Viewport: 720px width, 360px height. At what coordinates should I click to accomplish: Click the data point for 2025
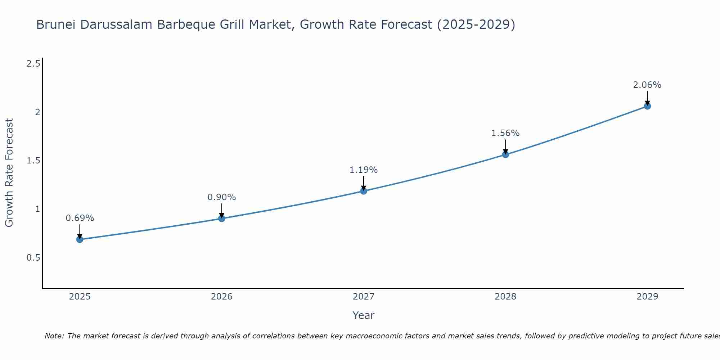tap(80, 239)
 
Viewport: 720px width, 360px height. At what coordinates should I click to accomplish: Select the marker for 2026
tap(221, 219)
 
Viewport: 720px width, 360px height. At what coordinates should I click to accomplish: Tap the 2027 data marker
tap(364, 191)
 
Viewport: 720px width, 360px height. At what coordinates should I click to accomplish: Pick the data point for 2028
tap(505, 154)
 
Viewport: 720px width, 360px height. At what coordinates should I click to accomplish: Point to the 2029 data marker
tap(647, 106)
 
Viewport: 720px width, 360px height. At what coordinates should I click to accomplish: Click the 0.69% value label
tap(80, 218)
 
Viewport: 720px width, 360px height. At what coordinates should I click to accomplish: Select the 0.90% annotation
tap(221, 197)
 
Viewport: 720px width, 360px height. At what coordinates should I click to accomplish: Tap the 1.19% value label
tap(364, 170)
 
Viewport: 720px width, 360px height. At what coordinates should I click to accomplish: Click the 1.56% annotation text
tap(505, 133)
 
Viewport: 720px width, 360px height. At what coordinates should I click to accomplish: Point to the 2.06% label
tap(647, 85)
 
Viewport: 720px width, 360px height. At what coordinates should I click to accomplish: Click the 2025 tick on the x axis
tap(80, 297)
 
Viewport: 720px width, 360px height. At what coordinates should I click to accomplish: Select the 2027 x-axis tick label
tap(364, 297)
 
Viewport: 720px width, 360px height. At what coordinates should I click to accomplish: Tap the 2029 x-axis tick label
tap(647, 297)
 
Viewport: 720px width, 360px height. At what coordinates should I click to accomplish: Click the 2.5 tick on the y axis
tap(33, 64)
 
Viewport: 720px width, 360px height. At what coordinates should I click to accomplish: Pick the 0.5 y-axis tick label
tap(33, 258)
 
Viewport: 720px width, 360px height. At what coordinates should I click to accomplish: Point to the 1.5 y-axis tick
tap(33, 161)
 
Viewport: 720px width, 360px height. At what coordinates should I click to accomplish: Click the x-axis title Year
tap(364, 315)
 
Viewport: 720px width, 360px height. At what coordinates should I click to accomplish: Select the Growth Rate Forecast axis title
tap(9, 173)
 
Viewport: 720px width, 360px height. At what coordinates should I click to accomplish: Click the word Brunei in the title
tap(56, 25)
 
